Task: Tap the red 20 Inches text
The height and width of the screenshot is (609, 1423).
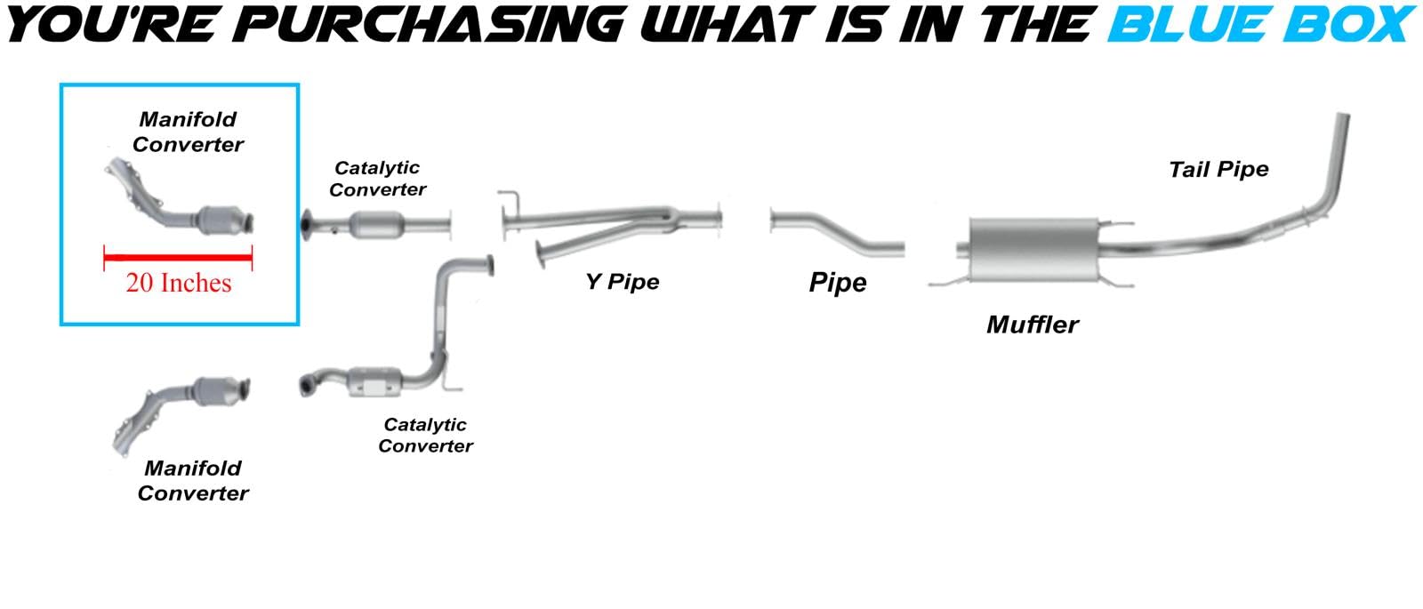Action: (178, 283)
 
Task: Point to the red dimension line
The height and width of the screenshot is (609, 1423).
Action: (178, 259)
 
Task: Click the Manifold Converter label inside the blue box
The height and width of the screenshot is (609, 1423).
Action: (188, 132)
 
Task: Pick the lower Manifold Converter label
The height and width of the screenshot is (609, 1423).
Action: (193, 480)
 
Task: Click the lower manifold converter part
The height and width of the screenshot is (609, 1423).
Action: (182, 408)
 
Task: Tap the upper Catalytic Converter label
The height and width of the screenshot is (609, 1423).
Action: (377, 179)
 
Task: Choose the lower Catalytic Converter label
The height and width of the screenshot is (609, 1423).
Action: (425, 436)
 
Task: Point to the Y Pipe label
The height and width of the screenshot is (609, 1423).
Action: (623, 282)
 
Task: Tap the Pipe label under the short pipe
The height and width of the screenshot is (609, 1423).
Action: (838, 283)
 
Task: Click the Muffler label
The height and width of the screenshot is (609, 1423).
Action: (1032, 325)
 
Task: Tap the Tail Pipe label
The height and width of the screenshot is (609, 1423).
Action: (1218, 170)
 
